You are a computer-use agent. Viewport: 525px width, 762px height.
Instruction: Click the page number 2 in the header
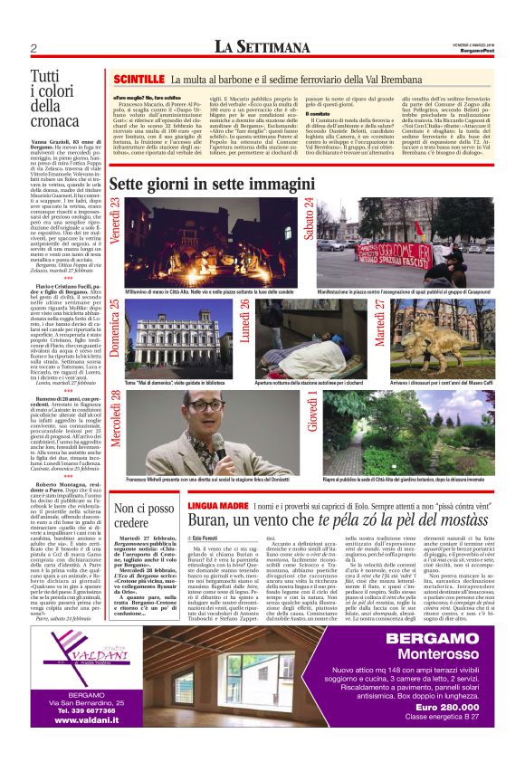(33, 48)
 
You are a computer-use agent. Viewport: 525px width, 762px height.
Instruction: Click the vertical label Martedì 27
(380, 319)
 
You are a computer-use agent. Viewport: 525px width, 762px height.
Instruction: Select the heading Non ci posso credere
(145, 518)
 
